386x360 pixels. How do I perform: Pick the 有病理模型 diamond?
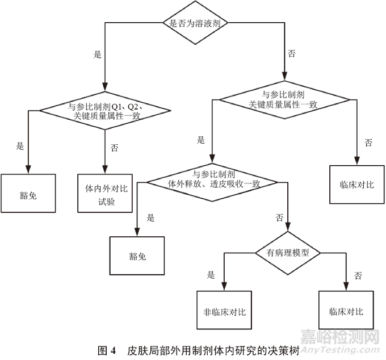(288, 253)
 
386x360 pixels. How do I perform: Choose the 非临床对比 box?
(224, 311)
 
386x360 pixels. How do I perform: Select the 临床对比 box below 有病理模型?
(346, 311)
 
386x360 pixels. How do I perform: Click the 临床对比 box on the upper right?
(357, 185)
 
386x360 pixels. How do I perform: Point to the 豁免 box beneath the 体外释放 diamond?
(137, 256)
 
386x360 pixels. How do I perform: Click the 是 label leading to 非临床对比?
(211, 275)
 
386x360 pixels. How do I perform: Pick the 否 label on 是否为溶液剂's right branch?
(292, 54)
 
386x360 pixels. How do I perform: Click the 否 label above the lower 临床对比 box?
(358, 275)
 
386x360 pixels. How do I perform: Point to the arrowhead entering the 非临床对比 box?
(224, 288)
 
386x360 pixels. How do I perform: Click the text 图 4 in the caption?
(107, 350)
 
